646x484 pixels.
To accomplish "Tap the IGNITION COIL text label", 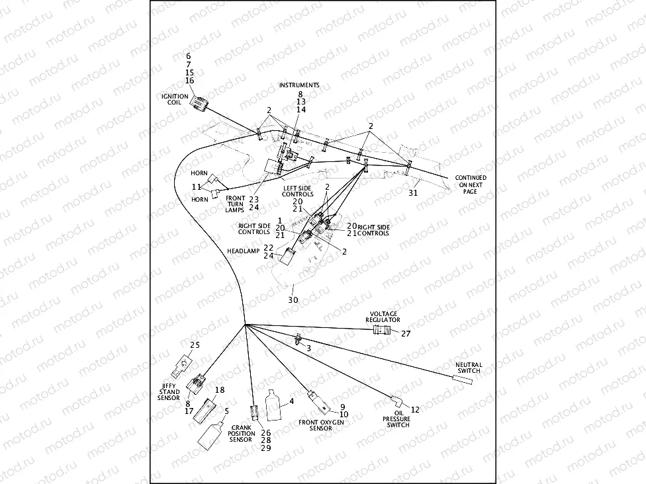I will tap(175, 99).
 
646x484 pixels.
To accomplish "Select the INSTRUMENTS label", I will tap(299, 85).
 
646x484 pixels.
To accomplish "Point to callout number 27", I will tap(406, 334).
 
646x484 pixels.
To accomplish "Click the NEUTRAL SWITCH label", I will tap(469, 368).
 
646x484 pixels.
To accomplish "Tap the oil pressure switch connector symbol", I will tap(396, 400).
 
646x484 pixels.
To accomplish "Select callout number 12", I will tap(415, 410).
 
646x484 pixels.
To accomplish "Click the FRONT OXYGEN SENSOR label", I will tap(315, 424).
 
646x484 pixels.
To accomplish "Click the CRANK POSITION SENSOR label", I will tap(242, 434).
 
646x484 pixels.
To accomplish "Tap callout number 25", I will tap(195, 345).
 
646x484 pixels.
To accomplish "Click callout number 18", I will tap(220, 390).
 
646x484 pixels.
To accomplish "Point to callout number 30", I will tap(293, 300).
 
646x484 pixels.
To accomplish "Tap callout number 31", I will tap(413, 193).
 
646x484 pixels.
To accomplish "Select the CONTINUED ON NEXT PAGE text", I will tap(471, 184).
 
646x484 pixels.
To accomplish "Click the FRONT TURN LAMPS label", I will tap(236, 204).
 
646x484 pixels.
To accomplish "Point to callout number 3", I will tap(308, 348).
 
